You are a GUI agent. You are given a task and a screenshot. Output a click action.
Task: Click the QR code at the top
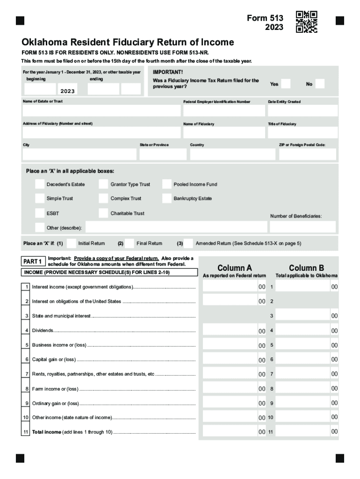tap(307, 22)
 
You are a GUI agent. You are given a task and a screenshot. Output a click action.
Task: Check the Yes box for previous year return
tap(286, 84)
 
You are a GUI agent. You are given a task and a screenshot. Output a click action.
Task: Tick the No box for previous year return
tap(320, 84)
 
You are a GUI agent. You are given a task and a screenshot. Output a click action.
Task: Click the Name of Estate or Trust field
tap(101, 110)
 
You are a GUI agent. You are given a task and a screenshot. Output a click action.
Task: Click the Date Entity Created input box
tap(302, 110)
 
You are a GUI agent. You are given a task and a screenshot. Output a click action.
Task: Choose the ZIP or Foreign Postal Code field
tap(307, 154)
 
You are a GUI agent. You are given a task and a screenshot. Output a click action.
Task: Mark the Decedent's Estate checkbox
tap(40, 184)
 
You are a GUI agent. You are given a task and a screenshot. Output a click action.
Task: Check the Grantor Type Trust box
tap(103, 184)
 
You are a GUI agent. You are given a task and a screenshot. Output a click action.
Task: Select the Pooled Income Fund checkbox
tap(167, 184)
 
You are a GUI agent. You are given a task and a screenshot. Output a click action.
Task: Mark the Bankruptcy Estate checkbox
tap(167, 198)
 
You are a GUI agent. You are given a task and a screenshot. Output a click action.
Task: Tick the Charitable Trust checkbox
tap(103, 213)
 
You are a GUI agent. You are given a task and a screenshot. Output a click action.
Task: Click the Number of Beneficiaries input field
tap(302, 227)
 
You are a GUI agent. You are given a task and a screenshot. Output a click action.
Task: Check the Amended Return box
tap(188, 243)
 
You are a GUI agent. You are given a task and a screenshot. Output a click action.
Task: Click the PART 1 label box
tap(33, 261)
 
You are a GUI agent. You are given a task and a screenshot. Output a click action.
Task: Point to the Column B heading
tap(306, 268)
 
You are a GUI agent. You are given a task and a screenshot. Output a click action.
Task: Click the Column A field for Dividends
tap(230, 331)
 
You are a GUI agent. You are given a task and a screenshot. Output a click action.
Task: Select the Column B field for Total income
tap(302, 432)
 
